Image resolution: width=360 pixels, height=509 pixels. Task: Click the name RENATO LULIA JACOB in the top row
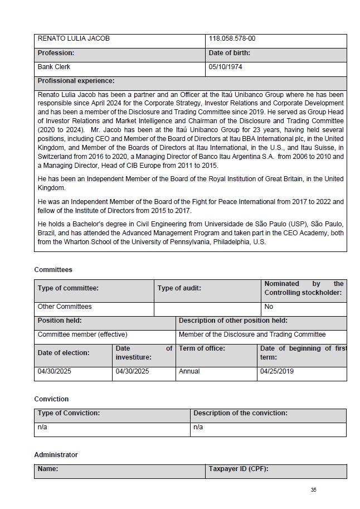[74, 39]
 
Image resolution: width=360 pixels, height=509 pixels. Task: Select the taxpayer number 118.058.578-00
[232, 39]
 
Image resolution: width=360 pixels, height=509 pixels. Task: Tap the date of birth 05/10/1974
[225, 67]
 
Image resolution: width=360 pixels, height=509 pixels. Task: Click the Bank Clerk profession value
[54, 67]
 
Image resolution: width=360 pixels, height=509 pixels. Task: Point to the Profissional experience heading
[76, 81]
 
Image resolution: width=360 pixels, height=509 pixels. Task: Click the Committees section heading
[53, 270]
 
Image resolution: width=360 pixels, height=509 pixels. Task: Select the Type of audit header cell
[179, 288]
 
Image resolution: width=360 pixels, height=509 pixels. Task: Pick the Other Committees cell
[65, 307]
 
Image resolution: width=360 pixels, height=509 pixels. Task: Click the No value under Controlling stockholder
[269, 307]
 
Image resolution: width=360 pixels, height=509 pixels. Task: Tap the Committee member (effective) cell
[82, 335]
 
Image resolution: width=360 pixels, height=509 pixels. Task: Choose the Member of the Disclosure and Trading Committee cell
[252, 335]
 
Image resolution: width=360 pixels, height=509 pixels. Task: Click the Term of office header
[202, 348]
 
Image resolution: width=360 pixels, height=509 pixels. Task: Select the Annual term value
[189, 371]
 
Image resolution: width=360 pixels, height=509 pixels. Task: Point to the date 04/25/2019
[277, 371]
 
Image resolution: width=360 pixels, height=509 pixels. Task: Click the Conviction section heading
[51, 399]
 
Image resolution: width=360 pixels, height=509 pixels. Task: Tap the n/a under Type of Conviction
[42, 427]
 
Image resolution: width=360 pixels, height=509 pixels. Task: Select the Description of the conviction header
[240, 413]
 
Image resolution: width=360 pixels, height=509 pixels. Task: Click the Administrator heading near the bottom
[56, 455]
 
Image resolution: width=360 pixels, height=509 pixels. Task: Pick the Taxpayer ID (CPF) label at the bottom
[239, 469]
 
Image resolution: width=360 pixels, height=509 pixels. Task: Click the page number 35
[314, 490]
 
